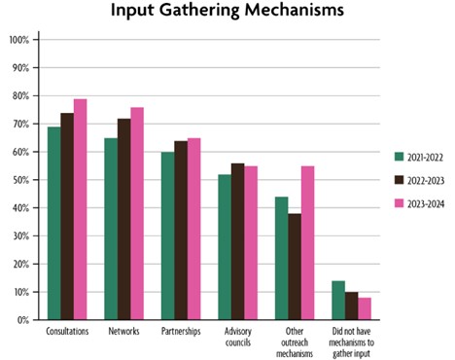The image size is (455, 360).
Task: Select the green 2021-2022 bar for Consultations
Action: (x=54, y=223)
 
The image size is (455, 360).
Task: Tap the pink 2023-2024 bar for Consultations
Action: (x=81, y=209)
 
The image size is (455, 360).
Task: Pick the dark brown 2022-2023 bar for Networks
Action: (x=124, y=219)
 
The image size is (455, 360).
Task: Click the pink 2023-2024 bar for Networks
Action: (x=138, y=213)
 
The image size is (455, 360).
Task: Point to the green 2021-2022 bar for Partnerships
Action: (x=168, y=235)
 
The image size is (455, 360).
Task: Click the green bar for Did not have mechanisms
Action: (x=338, y=300)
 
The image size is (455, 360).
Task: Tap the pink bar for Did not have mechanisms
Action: (x=365, y=308)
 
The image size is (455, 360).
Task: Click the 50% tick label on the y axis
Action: (x=20, y=180)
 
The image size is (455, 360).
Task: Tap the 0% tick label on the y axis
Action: (x=22, y=320)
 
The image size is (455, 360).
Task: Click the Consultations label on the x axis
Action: (x=68, y=332)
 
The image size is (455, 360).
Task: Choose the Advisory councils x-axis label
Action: (x=238, y=337)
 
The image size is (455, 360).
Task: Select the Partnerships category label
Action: (x=181, y=332)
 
